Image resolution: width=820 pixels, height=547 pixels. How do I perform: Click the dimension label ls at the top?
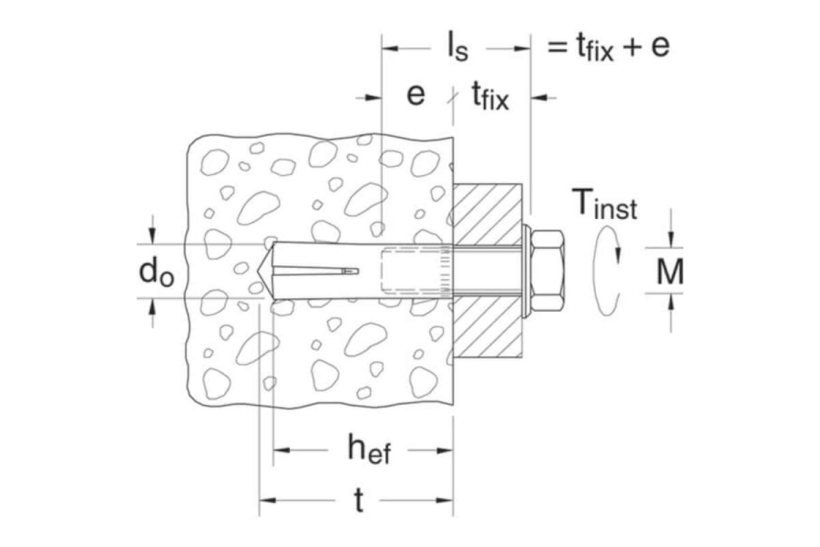click(x=458, y=48)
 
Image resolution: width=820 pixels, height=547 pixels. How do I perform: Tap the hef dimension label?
click(x=370, y=449)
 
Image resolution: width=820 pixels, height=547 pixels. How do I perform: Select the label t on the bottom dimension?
click(x=359, y=501)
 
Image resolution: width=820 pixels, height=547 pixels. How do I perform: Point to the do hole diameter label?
click(x=156, y=271)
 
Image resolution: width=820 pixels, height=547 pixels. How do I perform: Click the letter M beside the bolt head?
click(x=670, y=271)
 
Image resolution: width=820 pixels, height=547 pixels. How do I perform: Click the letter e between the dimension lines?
click(x=416, y=95)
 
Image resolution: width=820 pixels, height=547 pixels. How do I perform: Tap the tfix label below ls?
click(x=491, y=96)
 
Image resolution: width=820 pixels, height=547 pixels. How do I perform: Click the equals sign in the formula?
click(x=557, y=47)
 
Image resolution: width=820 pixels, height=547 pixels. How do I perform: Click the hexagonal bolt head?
click(x=547, y=271)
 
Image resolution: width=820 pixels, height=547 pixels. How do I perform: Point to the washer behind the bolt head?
click(x=526, y=271)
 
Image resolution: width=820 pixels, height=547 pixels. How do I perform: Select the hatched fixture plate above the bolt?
click(x=488, y=214)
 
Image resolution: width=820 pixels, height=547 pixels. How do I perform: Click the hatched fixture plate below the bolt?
click(x=488, y=327)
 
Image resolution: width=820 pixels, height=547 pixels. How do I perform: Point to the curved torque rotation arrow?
click(x=606, y=271)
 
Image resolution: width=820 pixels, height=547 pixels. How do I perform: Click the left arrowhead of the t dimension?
click(x=267, y=500)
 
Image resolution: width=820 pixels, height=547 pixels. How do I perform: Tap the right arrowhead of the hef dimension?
click(x=445, y=451)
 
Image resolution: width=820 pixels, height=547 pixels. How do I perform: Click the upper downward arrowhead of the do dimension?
click(x=152, y=236)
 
